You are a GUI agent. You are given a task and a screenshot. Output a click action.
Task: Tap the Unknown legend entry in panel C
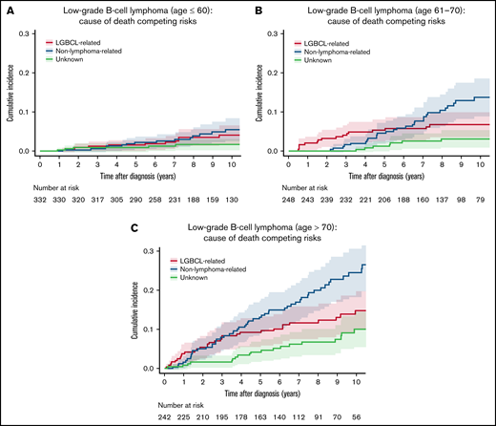195,277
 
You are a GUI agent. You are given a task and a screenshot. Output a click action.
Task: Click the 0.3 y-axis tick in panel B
274,34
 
